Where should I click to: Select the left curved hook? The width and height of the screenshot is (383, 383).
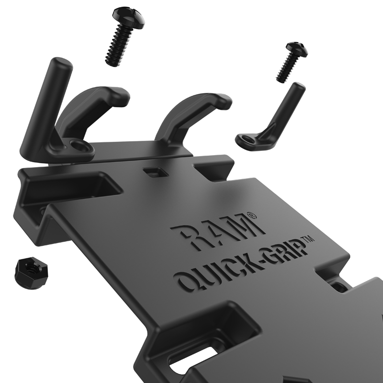(98, 103)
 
